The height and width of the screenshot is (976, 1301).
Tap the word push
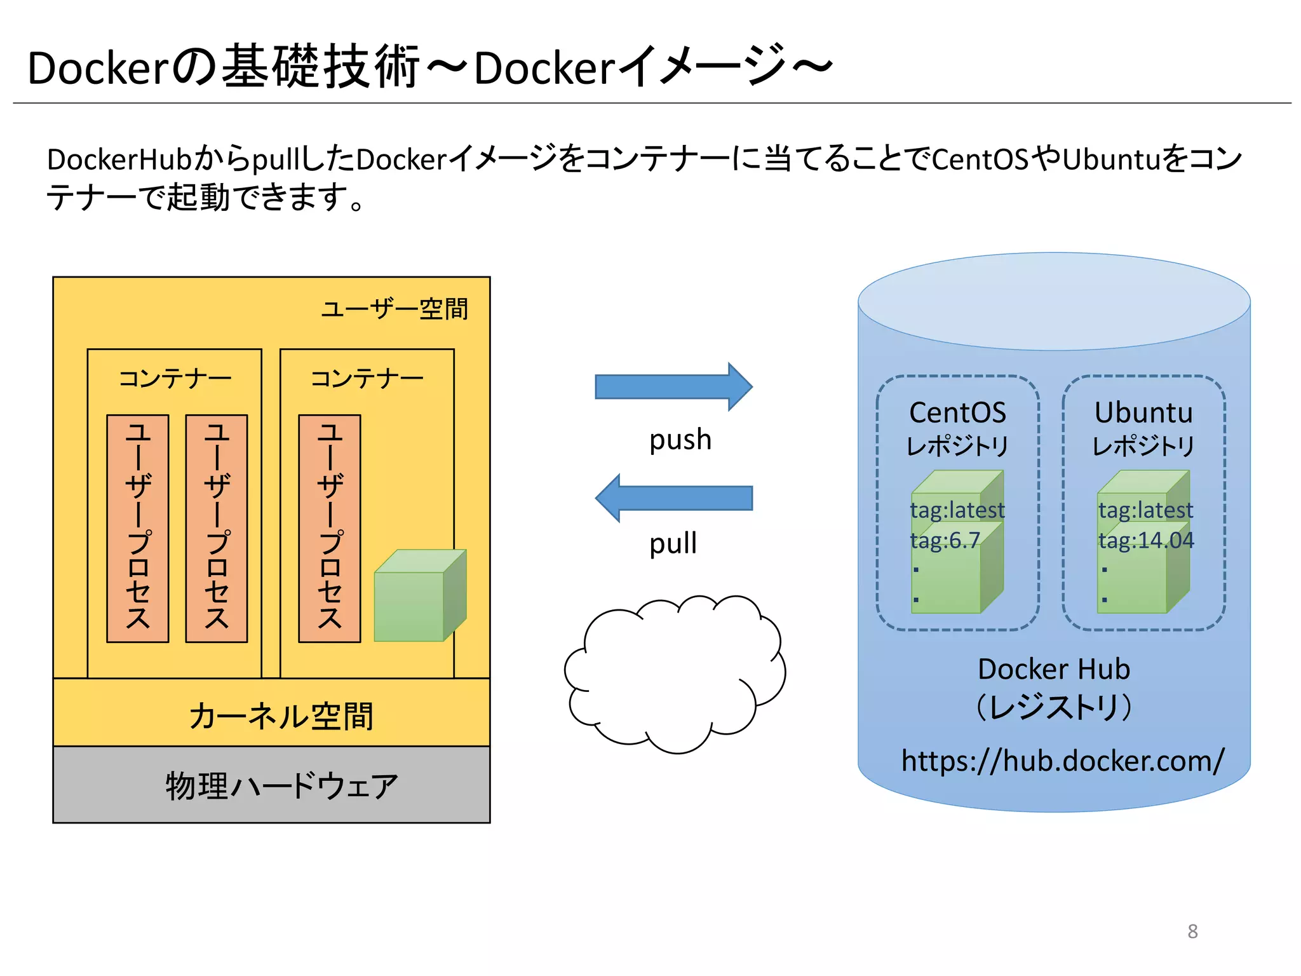click(x=680, y=440)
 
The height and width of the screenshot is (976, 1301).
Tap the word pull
click(x=673, y=544)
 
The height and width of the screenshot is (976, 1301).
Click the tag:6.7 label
click(x=945, y=540)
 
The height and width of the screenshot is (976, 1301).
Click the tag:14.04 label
click(x=1146, y=540)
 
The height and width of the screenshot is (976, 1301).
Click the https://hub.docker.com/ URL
click(x=1062, y=761)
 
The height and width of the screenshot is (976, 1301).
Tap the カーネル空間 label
click(x=281, y=715)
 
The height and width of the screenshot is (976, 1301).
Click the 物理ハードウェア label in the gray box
click(x=281, y=786)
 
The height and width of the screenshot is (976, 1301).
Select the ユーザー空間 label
click(x=394, y=309)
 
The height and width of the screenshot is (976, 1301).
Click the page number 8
click(x=1192, y=931)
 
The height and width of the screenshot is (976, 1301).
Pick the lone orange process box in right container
click(x=330, y=528)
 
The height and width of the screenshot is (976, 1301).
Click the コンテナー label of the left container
click(x=175, y=379)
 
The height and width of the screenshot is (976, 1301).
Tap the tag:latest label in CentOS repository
click(x=957, y=510)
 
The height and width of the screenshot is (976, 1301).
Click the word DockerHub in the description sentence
click(x=119, y=159)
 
